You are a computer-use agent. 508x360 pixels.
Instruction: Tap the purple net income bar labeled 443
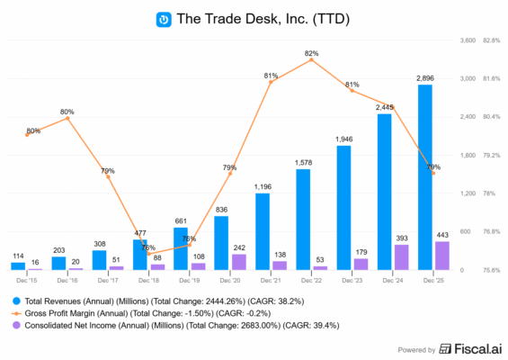(441, 256)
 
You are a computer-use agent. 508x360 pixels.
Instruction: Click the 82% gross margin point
(312, 59)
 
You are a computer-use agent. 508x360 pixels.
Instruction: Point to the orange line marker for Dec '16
(67, 118)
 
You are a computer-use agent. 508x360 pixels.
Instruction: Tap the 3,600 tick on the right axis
(468, 40)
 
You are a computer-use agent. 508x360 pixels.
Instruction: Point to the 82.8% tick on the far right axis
(492, 40)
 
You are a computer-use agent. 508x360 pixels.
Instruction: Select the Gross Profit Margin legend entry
(139, 311)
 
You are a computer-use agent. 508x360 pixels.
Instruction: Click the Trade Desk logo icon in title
(165, 19)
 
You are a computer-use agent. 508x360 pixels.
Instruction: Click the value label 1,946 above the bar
(343, 139)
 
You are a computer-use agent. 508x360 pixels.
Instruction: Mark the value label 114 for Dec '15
(18, 256)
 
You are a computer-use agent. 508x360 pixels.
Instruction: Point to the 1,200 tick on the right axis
(468, 193)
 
